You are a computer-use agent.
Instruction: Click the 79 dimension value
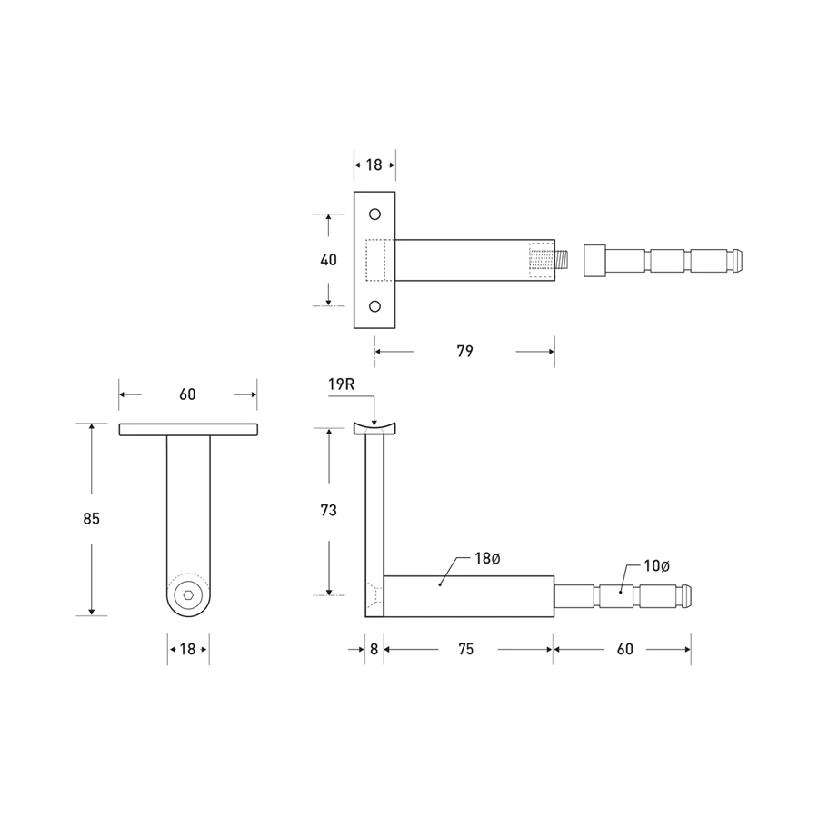(464, 351)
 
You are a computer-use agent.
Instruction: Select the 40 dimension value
(328, 260)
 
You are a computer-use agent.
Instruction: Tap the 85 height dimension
(91, 519)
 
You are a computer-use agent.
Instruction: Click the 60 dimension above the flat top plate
(187, 394)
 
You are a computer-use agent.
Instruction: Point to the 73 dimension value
(328, 511)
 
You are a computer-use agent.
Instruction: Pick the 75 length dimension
(465, 649)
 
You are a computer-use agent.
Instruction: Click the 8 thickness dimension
(374, 649)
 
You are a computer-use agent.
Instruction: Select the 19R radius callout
(341, 384)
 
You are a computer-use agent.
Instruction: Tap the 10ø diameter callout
(656, 565)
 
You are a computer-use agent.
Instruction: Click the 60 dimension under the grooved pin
(624, 649)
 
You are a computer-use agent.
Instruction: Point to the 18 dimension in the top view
(374, 165)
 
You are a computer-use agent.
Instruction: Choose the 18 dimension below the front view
(187, 649)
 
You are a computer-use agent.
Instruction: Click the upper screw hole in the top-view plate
(374, 215)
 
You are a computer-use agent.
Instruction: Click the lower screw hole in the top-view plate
(374, 306)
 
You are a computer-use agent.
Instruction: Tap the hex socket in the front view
(188, 596)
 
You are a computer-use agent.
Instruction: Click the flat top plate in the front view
(187, 429)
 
